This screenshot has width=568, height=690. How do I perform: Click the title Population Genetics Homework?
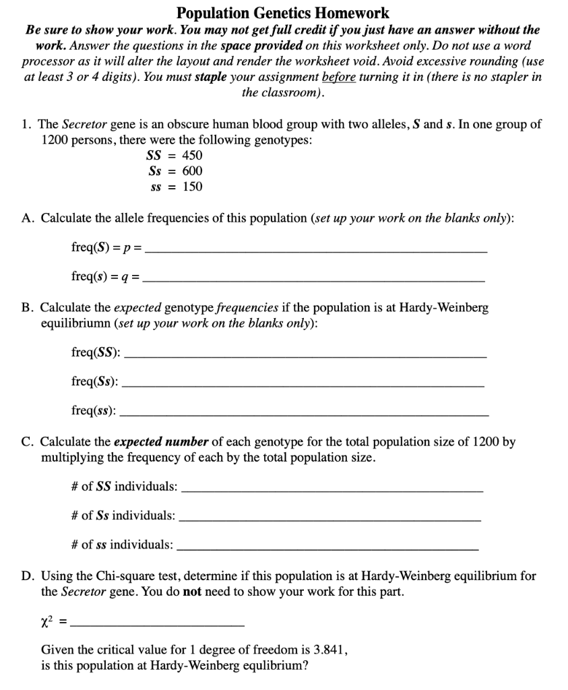click(283, 13)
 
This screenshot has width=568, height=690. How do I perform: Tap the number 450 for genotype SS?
click(193, 155)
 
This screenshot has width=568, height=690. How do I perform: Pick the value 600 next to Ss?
click(193, 170)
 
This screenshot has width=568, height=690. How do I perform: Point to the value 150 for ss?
click(193, 187)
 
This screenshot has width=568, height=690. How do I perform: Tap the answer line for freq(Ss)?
click(305, 383)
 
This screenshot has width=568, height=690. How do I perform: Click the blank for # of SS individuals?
click(333, 488)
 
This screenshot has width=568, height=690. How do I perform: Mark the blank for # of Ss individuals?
click(330, 517)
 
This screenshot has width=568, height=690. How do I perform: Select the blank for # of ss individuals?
click(327, 546)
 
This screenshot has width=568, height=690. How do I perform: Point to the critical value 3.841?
click(329, 650)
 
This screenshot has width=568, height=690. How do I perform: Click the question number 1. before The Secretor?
click(26, 125)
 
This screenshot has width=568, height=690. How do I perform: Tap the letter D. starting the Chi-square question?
click(29, 576)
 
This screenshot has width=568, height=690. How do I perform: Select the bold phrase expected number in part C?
click(162, 443)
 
